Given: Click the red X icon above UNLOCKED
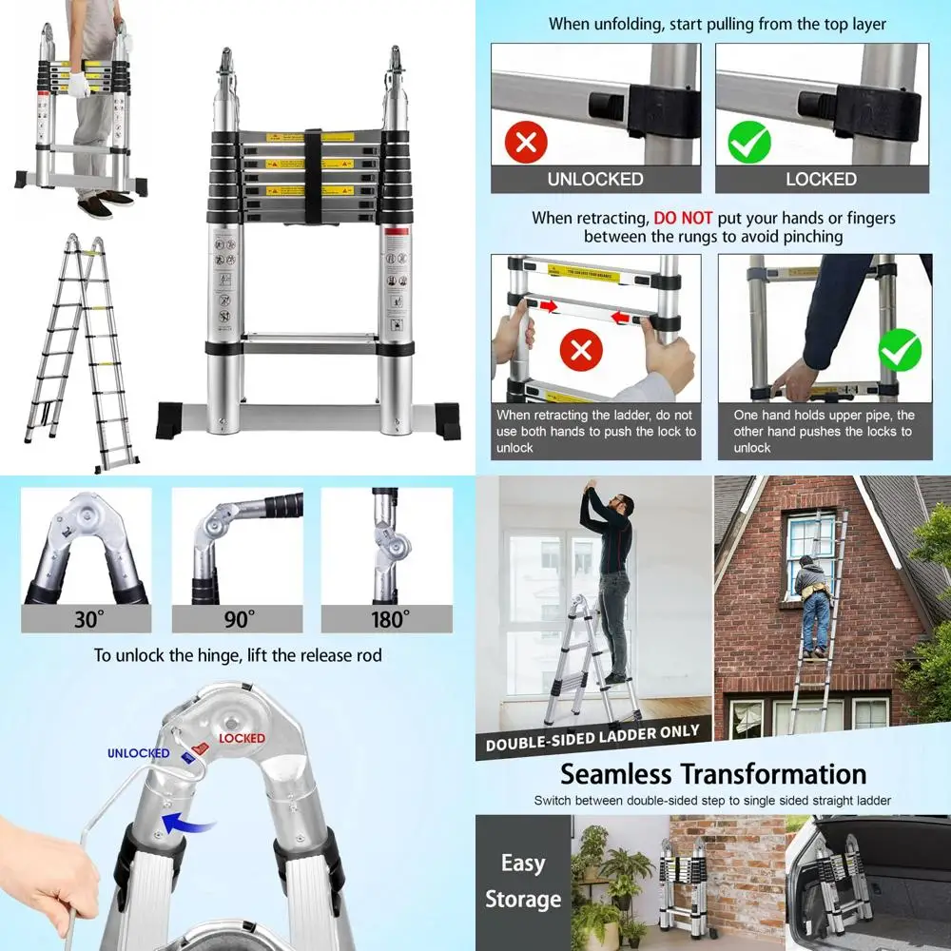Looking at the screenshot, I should pyautogui.click(x=525, y=144).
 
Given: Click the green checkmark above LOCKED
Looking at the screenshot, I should pyautogui.click(x=748, y=144).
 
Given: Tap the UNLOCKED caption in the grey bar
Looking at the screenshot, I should pyautogui.click(x=595, y=179).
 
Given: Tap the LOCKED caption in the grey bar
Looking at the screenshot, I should pyautogui.click(x=821, y=179).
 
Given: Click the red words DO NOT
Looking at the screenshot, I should pyautogui.click(x=683, y=218).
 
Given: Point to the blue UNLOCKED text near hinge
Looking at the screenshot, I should pyautogui.click(x=138, y=753).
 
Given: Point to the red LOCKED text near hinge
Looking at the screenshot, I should pyautogui.click(x=242, y=738).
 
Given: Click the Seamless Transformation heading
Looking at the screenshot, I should pyautogui.click(x=712, y=773).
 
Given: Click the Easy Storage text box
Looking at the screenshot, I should pyautogui.click(x=523, y=881).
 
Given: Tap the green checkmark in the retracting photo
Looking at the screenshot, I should pyautogui.click(x=899, y=351).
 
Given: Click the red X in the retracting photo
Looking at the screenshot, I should pyautogui.click(x=581, y=351).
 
